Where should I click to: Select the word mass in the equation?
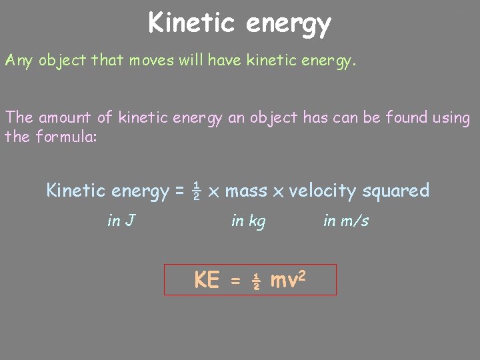point(246,191)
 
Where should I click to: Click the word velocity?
point(323,191)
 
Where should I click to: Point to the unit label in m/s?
point(346,221)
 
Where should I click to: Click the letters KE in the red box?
point(207,281)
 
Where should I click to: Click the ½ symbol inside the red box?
point(255,282)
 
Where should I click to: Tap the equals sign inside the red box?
point(235,283)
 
